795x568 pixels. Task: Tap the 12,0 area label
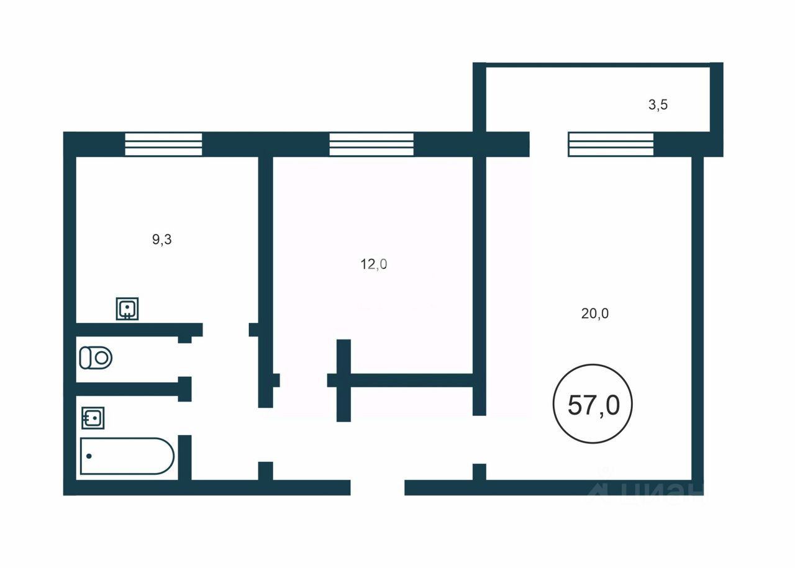coord(374,264)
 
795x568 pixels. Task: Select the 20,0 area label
coord(595,313)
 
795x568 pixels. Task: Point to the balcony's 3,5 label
coord(658,105)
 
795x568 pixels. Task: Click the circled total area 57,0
coord(593,404)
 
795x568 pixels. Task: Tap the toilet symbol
coord(95,358)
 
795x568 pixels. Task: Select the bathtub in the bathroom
coord(127,456)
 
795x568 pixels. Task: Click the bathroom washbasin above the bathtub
coord(93,418)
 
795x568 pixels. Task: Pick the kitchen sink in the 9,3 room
coord(127,309)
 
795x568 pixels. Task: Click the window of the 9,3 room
coord(163,144)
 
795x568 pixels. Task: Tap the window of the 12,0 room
coord(371,144)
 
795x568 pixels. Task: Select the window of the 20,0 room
coord(611,144)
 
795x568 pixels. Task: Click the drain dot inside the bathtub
coord(89,456)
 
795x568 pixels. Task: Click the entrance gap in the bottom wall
coord(378,487)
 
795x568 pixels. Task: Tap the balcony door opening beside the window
coord(548,144)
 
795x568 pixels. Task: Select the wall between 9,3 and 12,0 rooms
coord(265,248)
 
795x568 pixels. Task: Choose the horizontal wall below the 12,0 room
coord(410,380)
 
